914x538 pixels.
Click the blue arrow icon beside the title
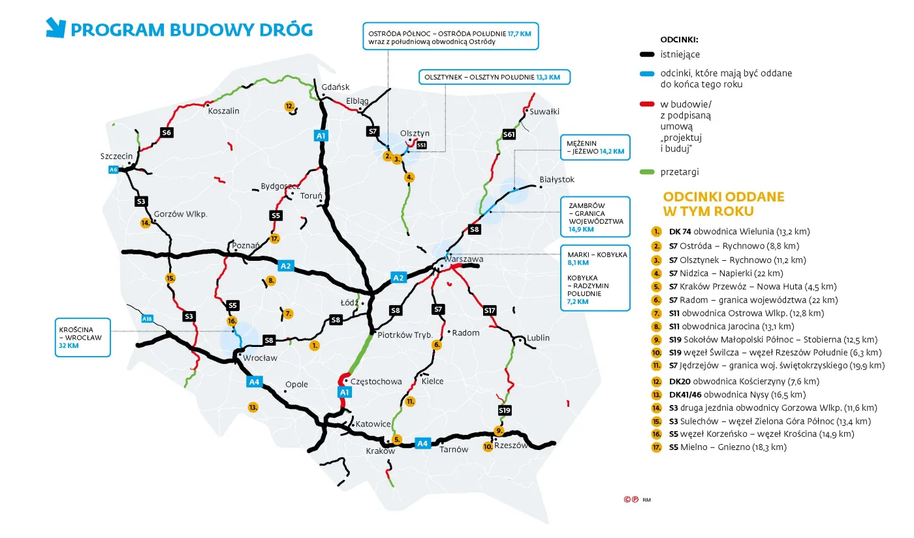coord(55,27)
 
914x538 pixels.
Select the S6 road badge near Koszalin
coord(166,132)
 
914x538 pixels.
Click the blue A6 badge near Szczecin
coord(114,170)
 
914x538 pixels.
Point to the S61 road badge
coord(509,135)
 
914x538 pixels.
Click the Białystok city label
coord(557,179)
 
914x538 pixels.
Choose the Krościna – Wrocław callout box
coord(83,337)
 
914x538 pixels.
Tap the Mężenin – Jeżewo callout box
coord(595,147)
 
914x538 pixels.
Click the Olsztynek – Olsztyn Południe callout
coord(494,77)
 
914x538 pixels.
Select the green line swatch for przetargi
coord(647,172)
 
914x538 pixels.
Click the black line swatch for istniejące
coord(647,55)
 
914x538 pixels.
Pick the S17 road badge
coord(490,310)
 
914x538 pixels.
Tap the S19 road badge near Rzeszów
coord(504,410)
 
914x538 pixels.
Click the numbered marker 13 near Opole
coord(253,407)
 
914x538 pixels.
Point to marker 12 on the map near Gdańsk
coord(289,106)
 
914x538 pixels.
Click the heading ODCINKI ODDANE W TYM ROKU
coord(723,204)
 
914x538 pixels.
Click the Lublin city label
coord(539,338)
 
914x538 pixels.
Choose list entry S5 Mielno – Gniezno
coord(727,447)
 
